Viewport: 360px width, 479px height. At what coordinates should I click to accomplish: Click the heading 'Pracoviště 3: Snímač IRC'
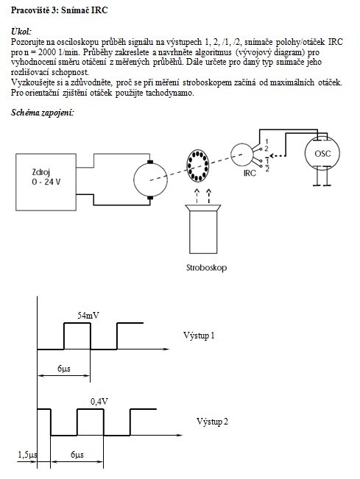click(60, 10)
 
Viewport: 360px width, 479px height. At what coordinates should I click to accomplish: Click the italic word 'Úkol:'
click(21, 31)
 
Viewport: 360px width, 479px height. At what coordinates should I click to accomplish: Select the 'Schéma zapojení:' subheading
click(43, 113)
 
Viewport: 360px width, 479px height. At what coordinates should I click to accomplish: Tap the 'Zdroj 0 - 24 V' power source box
click(46, 182)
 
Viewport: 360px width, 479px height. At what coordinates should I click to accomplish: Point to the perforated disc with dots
click(197, 166)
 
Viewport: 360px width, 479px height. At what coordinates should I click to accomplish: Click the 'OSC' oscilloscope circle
click(322, 153)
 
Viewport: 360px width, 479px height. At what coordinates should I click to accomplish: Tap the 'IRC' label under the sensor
click(250, 173)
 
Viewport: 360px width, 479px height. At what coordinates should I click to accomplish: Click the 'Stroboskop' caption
click(206, 268)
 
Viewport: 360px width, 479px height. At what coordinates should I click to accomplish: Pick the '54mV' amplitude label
click(88, 315)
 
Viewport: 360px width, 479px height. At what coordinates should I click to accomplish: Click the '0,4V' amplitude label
click(99, 402)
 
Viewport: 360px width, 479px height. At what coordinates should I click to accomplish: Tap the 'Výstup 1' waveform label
click(199, 336)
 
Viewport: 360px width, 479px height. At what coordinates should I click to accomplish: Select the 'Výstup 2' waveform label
click(212, 422)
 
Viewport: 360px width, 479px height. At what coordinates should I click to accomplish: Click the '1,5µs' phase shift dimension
click(27, 455)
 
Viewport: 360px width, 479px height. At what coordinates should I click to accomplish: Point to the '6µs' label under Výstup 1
click(63, 369)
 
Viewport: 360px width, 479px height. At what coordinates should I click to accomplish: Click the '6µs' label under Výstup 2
click(77, 455)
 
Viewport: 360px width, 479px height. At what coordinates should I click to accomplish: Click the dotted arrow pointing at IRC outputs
click(278, 155)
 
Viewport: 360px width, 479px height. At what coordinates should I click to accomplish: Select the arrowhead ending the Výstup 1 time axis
click(166, 349)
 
